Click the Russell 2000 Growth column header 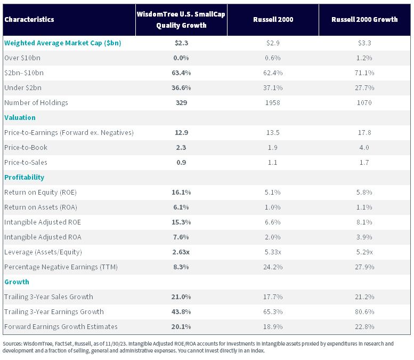coord(364,20)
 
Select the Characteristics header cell coord(29,20)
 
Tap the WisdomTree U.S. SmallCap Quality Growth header coord(181,20)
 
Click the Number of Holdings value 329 coord(181,102)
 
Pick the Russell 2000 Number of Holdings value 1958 coord(273,102)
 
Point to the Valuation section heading coord(20,118)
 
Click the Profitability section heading coord(25,178)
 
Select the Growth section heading coord(17,282)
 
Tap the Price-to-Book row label coord(26,148)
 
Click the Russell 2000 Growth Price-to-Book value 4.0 coord(364,148)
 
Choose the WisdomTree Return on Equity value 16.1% coord(181,192)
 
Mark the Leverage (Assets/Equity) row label coord(43,252)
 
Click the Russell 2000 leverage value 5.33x coord(273,252)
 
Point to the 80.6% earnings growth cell coord(364,312)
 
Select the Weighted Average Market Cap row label coord(62,43)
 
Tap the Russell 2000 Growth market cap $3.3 coord(364,43)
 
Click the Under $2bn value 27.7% coord(364,88)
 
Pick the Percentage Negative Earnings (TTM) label coord(61,267)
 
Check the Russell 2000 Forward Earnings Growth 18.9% coord(273,327)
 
